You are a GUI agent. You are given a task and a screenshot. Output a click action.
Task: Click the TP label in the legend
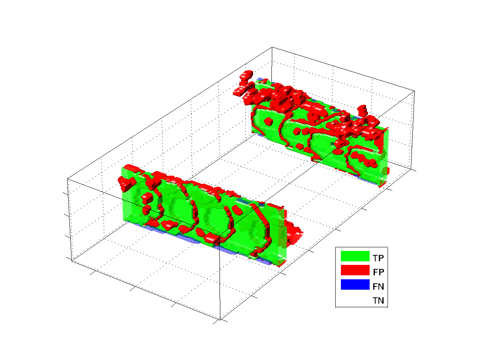pyautogui.click(x=378, y=258)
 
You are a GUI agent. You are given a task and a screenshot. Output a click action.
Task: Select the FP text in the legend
pyautogui.click(x=378, y=272)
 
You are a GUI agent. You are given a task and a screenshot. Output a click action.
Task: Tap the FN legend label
pyautogui.click(x=378, y=286)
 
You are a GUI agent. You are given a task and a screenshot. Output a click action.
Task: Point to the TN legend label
pyautogui.click(x=378, y=300)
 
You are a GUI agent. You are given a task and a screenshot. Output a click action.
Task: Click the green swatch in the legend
pyautogui.click(x=355, y=256)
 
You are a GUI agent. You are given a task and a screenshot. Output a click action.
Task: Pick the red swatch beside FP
pyautogui.click(x=355, y=270)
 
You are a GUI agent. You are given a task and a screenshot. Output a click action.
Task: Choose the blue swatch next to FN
pyautogui.click(x=355, y=284)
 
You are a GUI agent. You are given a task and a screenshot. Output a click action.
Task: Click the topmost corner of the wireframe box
pyautogui.click(x=272, y=47)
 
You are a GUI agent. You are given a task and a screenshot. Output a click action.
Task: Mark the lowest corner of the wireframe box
pyautogui.click(x=220, y=320)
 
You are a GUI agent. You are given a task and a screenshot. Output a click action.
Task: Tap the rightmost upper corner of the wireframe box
pyautogui.click(x=414, y=91)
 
